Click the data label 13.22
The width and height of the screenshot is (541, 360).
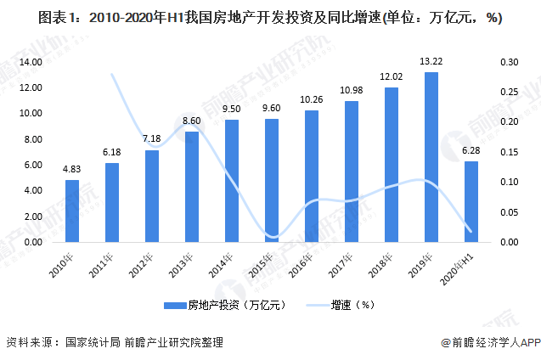click(x=431, y=62)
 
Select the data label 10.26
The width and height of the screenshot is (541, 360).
click(x=312, y=100)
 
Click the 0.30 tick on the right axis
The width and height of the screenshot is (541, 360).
click(x=508, y=63)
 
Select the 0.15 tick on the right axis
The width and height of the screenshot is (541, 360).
click(x=508, y=153)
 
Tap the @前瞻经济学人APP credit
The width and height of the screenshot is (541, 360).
click(x=490, y=342)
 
